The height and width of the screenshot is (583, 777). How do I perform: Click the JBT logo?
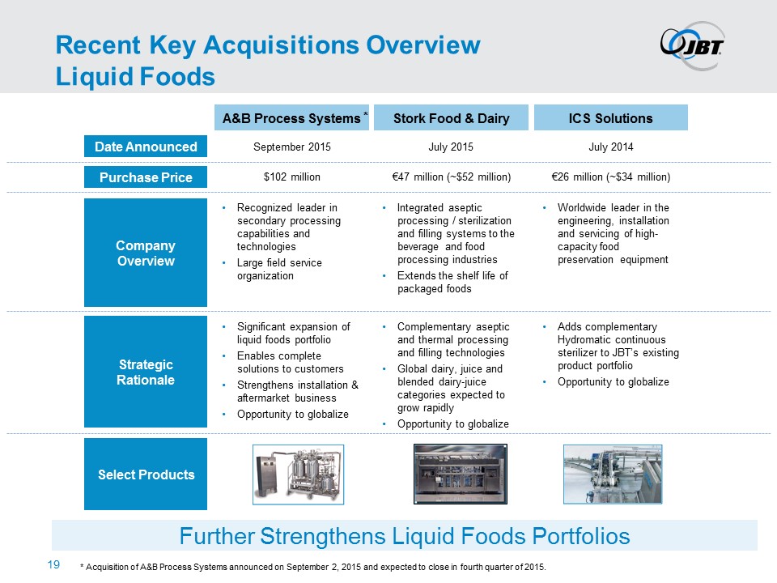(x=692, y=45)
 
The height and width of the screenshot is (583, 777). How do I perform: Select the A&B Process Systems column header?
(x=291, y=117)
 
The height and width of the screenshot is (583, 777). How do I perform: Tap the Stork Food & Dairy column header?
(x=451, y=117)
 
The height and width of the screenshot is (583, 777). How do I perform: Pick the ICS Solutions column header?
(x=610, y=117)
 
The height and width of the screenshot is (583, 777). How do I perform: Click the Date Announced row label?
(x=146, y=147)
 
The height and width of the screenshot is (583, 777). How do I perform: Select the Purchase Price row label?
(x=146, y=177)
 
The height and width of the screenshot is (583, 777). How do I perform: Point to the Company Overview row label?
(x=146, y=253)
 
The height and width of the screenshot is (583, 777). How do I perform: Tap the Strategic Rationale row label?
(x=146, y=372)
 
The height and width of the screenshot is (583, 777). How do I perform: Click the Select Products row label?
(x=146, y=474)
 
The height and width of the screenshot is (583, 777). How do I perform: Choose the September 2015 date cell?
(x=292, y=147)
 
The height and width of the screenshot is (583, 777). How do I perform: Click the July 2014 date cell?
(x=610, y=147)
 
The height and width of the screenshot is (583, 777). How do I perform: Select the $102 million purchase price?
(x=292, y=177)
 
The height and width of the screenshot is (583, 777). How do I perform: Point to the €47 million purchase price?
(x=451, y=177)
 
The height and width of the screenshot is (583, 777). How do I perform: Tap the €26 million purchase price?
(x=610, y=177)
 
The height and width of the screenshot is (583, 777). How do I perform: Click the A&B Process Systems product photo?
(x=299, y=474)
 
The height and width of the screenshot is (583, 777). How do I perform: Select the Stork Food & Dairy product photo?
(x=461, y=474)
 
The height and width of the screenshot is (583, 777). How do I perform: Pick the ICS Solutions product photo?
(x=613, y=474)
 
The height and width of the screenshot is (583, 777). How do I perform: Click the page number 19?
(x=53, y=564)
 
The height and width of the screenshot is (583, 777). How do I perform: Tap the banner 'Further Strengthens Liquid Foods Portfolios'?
(x=405, y=535)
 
